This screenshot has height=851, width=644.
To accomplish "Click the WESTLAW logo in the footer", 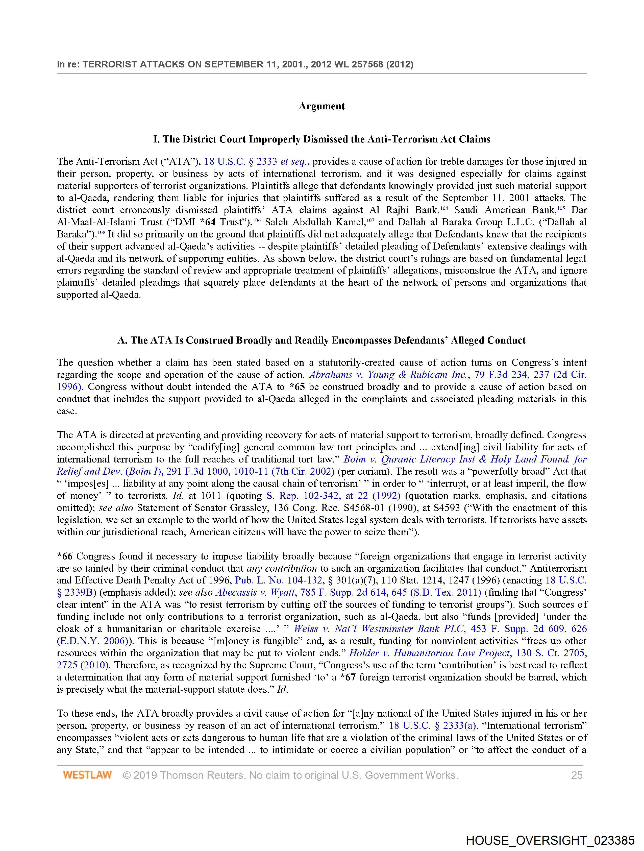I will click(87, 775).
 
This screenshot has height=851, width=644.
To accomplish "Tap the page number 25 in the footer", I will click(577, 775).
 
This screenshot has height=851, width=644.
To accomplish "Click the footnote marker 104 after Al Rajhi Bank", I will click(444, 208).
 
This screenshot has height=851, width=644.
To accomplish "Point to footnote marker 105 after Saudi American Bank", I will click(561, 208).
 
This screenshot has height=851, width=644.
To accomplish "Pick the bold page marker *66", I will click(65, 556).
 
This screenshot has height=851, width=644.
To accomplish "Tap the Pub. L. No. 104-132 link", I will click(279, 580).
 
